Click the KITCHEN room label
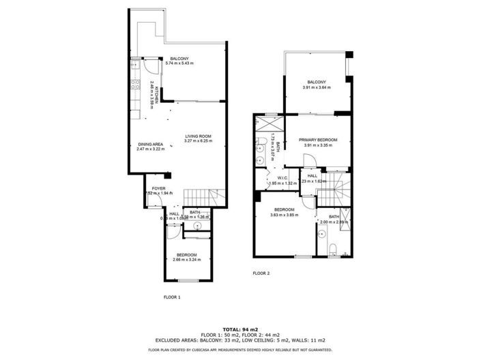(x=157, y=94)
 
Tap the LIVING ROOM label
(x=198, y=137)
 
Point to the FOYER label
(x=158, y=188)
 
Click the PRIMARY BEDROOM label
(x=319, y=140)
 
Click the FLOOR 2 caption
(x=261, y=273)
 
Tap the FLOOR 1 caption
(x=172, y=297)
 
